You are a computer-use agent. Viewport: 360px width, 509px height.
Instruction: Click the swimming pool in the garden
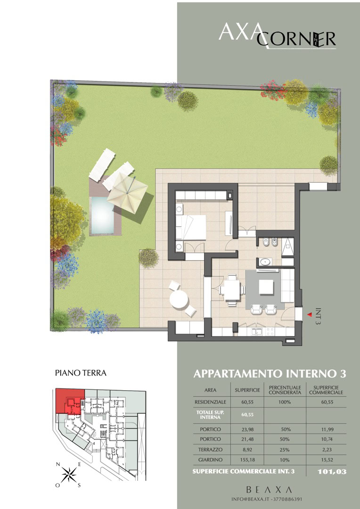tap(102, 215)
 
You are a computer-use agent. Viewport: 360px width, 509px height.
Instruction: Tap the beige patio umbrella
tap(127, 192)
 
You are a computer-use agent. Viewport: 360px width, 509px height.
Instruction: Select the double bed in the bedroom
tap(190, 227)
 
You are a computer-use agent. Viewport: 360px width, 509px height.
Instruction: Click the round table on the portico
tap(179, 299)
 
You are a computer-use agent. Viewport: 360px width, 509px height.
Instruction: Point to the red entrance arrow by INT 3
tap(310, 314)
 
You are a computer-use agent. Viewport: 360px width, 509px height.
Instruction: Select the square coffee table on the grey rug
tap(266, 287)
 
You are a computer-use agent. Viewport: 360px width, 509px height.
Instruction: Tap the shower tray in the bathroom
tap(287, 246)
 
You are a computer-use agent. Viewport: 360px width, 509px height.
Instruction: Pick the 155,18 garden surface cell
tap(248, 460)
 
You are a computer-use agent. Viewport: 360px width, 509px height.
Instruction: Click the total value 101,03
tap(332, 472)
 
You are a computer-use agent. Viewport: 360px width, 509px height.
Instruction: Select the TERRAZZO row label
tap(210, 450)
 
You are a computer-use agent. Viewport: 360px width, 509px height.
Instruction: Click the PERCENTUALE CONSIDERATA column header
tap(285, 390)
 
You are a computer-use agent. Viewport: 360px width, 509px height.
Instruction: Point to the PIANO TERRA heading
tap(81, 373)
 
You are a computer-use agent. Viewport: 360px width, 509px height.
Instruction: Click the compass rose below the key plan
tap(69, 475)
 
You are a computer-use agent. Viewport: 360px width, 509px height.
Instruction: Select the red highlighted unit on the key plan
tap(69, 401)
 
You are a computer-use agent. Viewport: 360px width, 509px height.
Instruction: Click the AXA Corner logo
tap(277, 36)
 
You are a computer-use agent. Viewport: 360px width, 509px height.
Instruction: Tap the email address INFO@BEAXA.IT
tap(249, 499)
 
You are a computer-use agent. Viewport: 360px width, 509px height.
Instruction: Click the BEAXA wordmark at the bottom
tap(269, 490)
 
